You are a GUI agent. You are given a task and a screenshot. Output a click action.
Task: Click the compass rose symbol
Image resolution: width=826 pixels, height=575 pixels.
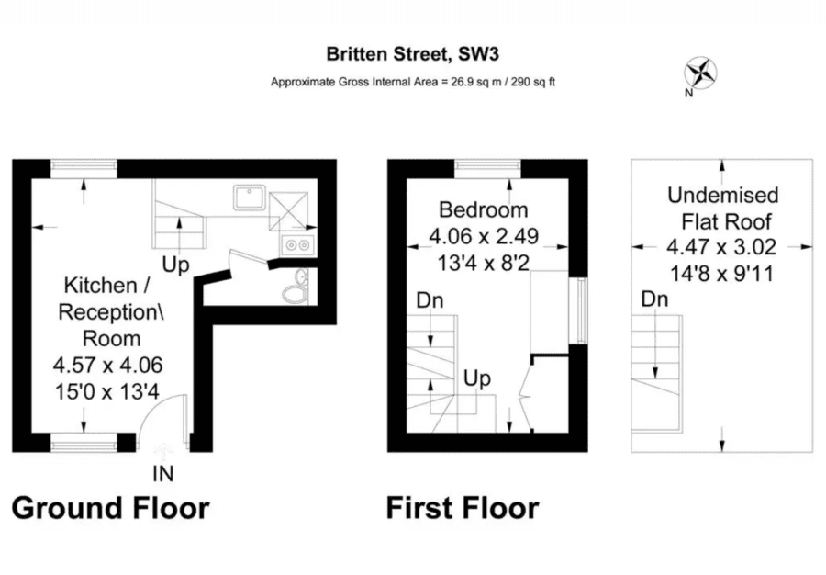(700, 73)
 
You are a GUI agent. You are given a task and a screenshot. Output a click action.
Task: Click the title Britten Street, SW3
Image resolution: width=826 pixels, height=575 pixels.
(412, 54)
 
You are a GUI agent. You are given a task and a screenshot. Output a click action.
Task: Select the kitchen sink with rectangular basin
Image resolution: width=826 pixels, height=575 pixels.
(249, 197)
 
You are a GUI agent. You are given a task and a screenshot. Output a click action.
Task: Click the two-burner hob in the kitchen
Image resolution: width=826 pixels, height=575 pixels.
(297, 244)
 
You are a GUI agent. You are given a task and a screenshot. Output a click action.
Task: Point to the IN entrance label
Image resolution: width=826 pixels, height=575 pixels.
(163, 474)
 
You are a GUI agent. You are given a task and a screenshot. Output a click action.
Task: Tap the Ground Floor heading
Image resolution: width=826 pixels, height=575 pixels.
(111, 508)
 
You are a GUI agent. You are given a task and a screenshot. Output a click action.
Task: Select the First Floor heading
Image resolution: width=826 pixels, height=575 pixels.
(463, 508)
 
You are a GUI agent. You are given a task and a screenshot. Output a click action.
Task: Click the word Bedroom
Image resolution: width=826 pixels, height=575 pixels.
(483, 209)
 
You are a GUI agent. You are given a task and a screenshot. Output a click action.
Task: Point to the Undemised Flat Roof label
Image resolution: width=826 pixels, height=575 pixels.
(723, 209)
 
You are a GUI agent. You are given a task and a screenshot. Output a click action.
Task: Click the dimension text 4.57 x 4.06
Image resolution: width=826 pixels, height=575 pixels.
(108, 365)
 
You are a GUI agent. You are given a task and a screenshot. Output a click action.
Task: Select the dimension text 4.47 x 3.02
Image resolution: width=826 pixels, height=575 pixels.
(721, 247)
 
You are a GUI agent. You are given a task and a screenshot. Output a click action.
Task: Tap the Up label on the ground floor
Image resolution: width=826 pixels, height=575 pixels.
(175, 265)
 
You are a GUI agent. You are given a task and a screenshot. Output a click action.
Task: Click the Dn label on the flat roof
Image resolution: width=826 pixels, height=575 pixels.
(654, 299)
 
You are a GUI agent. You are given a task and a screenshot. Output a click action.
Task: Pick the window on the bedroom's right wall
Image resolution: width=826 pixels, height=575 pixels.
(582, 311)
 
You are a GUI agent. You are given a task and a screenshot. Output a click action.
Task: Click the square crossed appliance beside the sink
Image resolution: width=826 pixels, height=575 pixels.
(288, 211)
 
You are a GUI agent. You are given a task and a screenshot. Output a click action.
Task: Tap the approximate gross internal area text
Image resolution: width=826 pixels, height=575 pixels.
(413, 83)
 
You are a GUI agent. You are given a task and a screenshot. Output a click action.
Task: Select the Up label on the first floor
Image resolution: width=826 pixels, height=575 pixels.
(476, 379)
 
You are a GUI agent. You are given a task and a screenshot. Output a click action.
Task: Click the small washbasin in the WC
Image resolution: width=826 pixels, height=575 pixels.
(302, 276)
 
